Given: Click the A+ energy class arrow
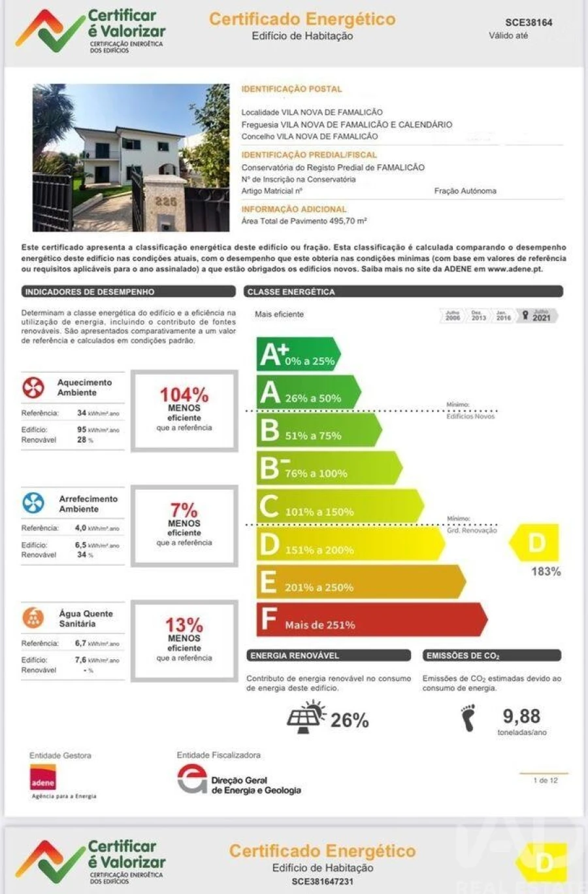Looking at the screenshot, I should pos(297,354).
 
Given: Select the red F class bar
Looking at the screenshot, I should pos(370,619).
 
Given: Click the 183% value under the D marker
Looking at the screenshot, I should pos(546,572).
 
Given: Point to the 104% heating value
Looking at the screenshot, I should pos(184,395).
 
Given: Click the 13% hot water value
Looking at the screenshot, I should pos(184,625).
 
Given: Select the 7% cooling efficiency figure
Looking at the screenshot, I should pos(184,510).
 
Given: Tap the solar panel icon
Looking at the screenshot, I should pos(306,717).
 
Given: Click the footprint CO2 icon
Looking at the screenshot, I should pos(468,718).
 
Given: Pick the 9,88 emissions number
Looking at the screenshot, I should pos(521,717).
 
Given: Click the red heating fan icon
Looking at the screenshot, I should pos(33,387).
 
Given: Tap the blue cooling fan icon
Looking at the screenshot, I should pos(33,503).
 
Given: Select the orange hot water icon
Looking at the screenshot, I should pos(33,617).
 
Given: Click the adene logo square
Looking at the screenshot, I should pos(43,778).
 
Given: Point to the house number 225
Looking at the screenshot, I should pos(165,202).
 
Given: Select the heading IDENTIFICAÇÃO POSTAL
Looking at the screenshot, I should pos(291,89).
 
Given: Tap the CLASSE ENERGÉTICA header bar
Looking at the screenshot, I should pos(403,292).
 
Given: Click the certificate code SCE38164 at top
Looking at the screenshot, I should pos(529,22).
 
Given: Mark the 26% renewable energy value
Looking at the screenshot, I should pos(350,720).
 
